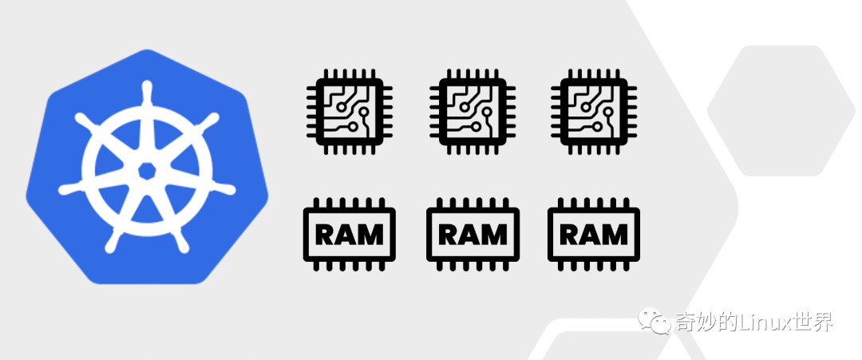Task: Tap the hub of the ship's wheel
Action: (147, 170)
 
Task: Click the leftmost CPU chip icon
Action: (345, 111)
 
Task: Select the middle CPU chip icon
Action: (467, 111)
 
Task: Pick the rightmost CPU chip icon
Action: (589, 111)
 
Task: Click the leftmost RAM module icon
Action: (350, 234)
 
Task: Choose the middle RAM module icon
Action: (473, 234)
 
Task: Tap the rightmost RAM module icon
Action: (594, 234)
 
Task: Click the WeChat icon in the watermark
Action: (660, 322)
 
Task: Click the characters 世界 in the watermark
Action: (813, 322)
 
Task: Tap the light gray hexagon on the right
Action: (775, 110)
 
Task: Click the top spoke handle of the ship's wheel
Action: (147, 89)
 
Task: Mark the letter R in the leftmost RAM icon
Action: (327, 235)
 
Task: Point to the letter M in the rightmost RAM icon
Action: (615, 235)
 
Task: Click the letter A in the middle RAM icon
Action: (472, 235)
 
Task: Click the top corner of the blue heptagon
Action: (147, 51)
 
